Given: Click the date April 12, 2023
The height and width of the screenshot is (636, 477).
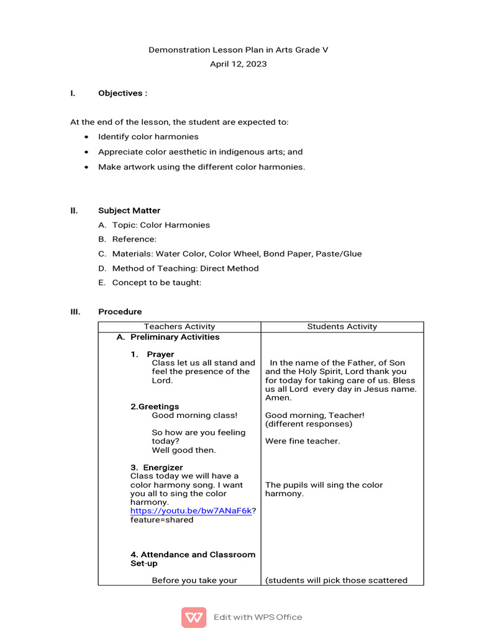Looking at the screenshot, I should pyautogui.click(x=238, y=64).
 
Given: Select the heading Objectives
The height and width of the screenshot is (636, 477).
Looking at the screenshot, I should pyautogui.click(x=122, y=93).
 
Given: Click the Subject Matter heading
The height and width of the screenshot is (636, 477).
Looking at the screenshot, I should pyautogui.click(x=129, y=211).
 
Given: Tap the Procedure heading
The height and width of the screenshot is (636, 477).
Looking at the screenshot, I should pyautogui.click(x=120, y=312).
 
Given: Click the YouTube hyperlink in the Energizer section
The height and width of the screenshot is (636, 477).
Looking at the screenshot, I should pyautogui.click(x=191, y=511).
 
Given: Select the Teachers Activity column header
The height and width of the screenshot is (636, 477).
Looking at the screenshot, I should pyautogui.click(x=179, y=327).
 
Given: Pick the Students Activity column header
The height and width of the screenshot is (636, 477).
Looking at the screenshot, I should pyautogui.click(x=342, y=327).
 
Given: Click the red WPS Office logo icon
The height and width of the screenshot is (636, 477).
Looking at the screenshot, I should pyautogui.click(x=194, y=617).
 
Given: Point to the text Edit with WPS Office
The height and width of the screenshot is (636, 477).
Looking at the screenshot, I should pyautogui.click(x=258, y=617).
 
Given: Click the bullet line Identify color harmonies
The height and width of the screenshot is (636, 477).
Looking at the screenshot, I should pyautogui.click(x=148, y=137).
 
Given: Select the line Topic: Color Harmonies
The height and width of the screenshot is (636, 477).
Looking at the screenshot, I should pyautogui.click(x=161, y=225).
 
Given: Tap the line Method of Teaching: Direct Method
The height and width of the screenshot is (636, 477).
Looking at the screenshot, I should pyautogui.click(x=185, y=268).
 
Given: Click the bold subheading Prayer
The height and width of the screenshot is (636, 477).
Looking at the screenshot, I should pyautogui.click(x=160, y=354).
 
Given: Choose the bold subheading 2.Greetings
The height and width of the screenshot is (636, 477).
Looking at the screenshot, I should pyautogui.click(x=155, y=407).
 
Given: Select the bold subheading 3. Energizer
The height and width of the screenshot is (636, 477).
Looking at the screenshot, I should pyautogui.click(x=157, y=467).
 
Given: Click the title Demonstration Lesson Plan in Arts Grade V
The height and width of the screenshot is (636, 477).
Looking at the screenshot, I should pyautogui.click(x=238, y=50).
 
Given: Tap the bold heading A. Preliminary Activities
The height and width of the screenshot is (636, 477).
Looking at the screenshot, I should pyautogui.click(x=168, y=337).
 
